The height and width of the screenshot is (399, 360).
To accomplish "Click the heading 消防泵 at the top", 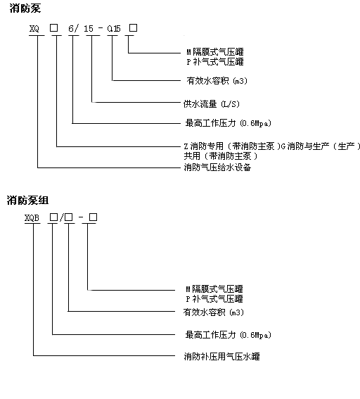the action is pos(25,8).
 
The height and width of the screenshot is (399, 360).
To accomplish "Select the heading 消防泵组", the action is pos(27,201).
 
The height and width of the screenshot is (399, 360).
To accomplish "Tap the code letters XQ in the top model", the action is pos(34,28).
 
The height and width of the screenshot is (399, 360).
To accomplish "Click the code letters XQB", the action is pos(32,218).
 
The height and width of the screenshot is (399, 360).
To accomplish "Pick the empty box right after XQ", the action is pos(53,27).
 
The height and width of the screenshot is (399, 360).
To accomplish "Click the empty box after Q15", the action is pos(133,27).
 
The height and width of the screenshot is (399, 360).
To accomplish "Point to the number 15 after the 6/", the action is pos(89,28).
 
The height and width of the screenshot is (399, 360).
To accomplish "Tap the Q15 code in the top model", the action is pos(114,28).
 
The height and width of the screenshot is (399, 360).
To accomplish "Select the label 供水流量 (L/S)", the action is pos(212,104).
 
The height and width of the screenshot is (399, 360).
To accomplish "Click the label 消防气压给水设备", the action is pos(218,167).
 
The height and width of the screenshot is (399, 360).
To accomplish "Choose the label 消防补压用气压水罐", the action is pos(222,356).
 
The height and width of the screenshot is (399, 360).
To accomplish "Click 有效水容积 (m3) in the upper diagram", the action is pos(217,81).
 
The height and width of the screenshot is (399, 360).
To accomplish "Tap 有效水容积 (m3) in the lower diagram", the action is pos(214,312).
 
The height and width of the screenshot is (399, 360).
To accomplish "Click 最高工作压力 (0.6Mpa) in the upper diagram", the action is pos(229,123).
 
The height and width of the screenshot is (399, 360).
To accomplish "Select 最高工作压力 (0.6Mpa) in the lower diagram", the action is pos(229,335).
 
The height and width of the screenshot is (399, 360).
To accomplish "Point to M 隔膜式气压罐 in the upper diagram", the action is pos(215,52).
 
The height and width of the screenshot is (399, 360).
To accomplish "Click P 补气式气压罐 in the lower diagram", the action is pos(214,299).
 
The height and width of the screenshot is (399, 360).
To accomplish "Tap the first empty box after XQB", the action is pos(53,217).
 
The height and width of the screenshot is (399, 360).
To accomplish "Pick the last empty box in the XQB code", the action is pos(93,217).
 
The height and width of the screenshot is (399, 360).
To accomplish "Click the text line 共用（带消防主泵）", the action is pos(221,156).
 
